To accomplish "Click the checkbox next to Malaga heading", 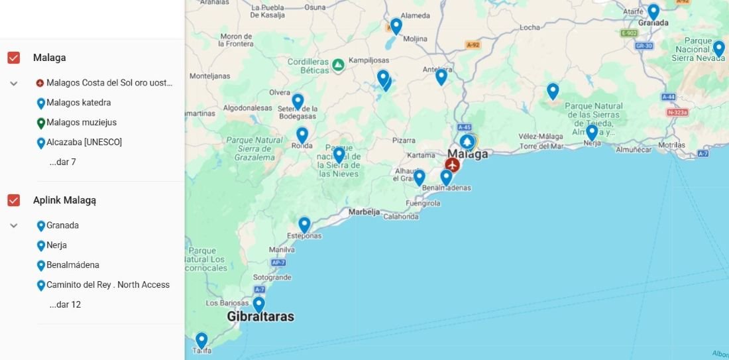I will [13, 58].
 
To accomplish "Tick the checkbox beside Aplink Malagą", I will [13, 200].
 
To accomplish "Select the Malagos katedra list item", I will [78, 103].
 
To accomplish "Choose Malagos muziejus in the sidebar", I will [81, 123].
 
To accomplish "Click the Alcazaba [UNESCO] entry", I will [84, 143].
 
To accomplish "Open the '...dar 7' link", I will [62, 162].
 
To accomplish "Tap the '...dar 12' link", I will [65, 305].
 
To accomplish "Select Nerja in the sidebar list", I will [56, 245].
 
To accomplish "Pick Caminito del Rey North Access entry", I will [107, 285].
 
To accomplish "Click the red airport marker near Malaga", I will [453, 164].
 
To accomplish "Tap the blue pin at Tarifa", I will [201, 340].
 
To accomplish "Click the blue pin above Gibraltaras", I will [258, 304].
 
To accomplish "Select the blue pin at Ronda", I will [302, 135].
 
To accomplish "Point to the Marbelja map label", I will [364, 213].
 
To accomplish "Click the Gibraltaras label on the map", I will [260, 317].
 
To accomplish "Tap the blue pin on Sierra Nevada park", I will [718, 48].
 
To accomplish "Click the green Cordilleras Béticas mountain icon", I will [338, 64].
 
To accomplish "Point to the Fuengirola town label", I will [423, 204].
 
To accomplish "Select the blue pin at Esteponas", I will [304, 224].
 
